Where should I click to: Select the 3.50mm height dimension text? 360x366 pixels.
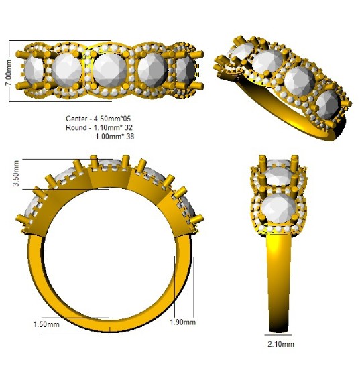[16, 174]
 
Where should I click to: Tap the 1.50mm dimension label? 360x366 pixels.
[46, 324]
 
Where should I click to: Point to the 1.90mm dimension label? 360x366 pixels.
[182, 322]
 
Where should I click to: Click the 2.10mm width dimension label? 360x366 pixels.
[281, 344]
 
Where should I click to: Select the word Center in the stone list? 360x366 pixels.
[76, 119]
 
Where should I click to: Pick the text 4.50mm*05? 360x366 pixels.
[113, 119]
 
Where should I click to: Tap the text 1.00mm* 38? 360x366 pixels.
[115, 137]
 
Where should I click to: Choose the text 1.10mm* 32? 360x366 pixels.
[113, 127]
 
